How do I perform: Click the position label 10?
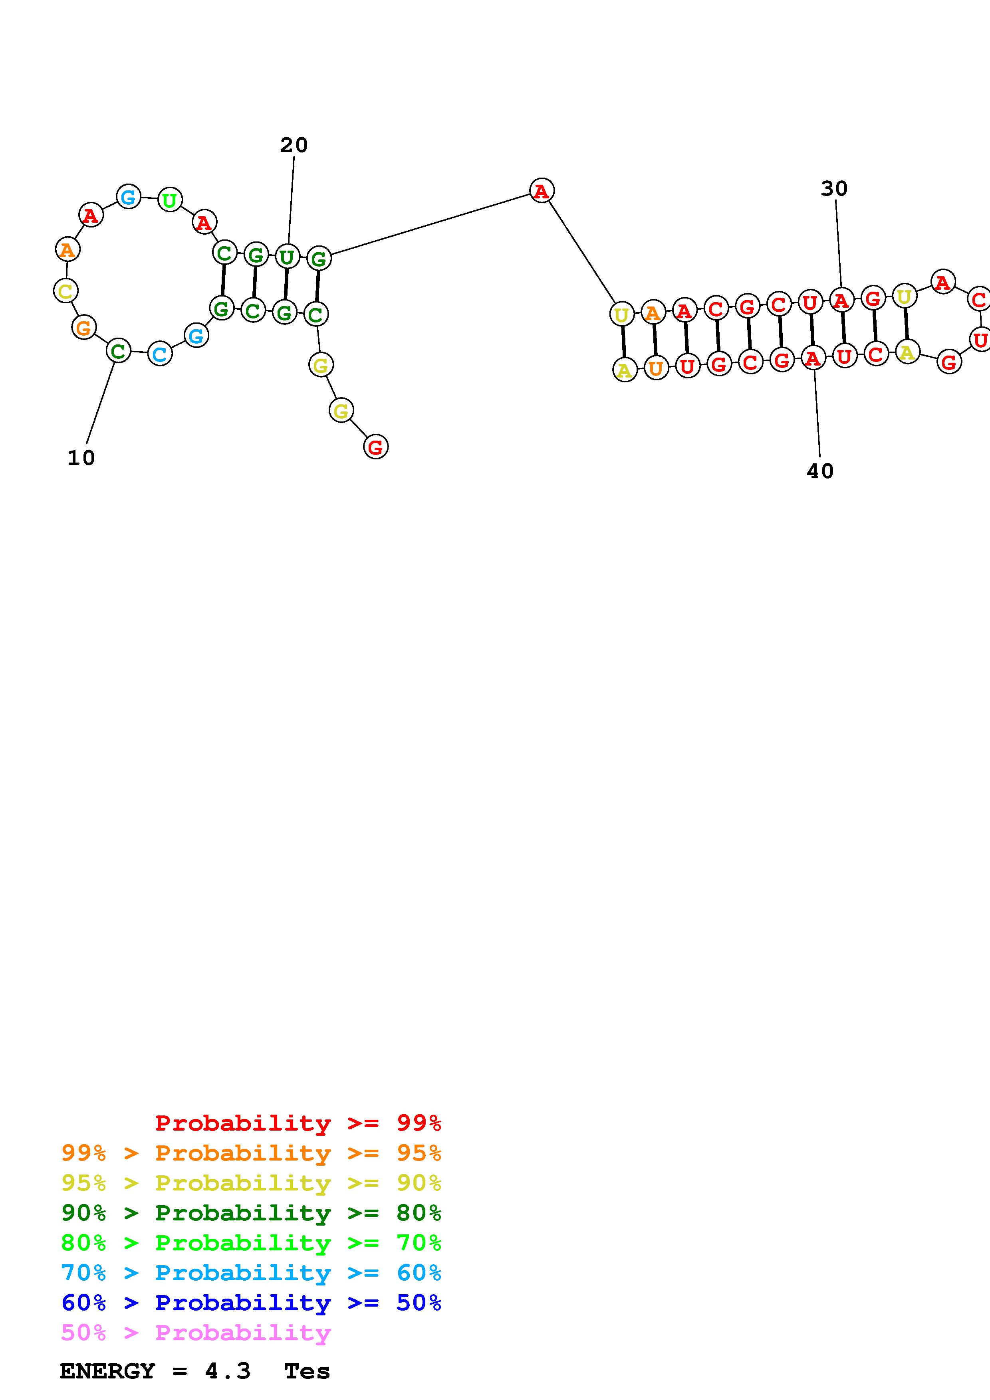point(81,458)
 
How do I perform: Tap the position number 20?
point(294,145)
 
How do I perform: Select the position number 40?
point(820,471)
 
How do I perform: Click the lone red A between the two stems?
point(542,191)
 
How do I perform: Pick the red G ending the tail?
point(376,447)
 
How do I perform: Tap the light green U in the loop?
point(170,200)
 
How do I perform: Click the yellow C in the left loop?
point(65,291)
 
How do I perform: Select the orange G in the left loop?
point(83,327)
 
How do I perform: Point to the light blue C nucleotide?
point(160,354)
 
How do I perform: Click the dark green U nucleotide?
point(287,257)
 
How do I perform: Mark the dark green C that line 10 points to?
point(118,351)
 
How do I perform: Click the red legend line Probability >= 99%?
point(298,1123)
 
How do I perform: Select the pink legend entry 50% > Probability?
point(196,1332)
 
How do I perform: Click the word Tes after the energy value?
point(307,1371)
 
